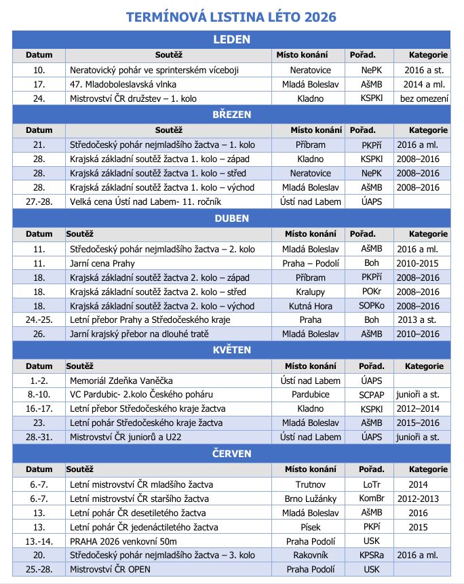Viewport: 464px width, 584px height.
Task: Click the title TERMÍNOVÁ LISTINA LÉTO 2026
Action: click(231, 16)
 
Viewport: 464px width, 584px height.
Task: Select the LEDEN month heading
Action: click(231, 39)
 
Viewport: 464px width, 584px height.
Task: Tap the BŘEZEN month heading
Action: click(231, 115)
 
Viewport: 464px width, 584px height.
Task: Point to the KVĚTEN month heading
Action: click(231, 350)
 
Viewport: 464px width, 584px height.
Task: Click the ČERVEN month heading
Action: click(231, 453)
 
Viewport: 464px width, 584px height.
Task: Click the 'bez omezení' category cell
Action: click(424, 98)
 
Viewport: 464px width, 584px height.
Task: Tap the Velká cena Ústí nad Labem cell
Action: click(145, 201)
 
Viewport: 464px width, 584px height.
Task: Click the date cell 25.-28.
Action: click(39, 569)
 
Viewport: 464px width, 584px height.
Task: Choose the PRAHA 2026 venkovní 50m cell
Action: click(123, 541)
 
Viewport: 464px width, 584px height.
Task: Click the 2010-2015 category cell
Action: click(423, 263)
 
